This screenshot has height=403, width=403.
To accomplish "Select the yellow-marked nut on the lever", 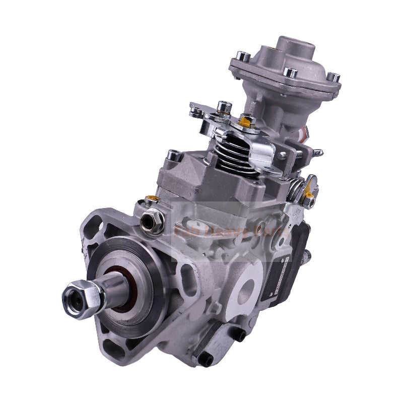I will tap(247, 120).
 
